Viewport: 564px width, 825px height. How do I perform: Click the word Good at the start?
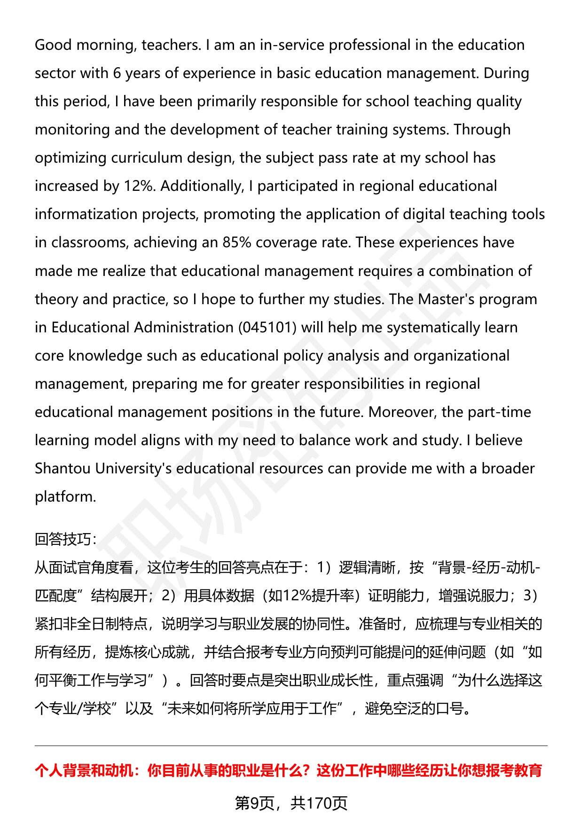53,45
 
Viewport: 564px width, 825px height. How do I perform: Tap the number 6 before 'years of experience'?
117,73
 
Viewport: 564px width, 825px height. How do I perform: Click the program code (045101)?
267,327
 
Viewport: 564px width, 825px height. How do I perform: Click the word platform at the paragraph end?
65,497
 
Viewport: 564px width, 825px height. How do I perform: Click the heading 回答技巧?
65,539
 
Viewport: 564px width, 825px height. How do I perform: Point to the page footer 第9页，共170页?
291,803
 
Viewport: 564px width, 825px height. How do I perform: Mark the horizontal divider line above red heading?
291,746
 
